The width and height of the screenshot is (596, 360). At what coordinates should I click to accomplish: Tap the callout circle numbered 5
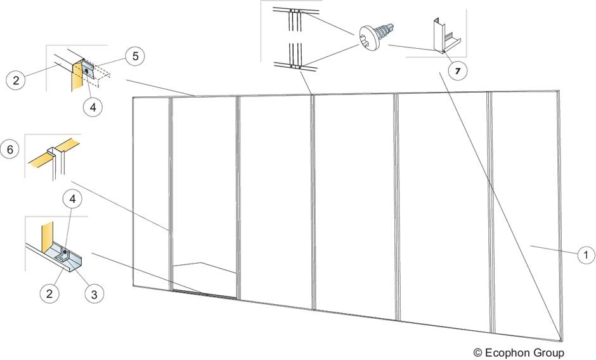(134, 57)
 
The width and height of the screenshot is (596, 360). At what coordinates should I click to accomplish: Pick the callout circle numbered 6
(11, 150)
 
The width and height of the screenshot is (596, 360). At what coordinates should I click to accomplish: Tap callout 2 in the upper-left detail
(16, 80)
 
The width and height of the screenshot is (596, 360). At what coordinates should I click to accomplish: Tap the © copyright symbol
(477, 352)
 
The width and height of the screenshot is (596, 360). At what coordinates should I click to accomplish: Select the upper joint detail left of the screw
(294, 18)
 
